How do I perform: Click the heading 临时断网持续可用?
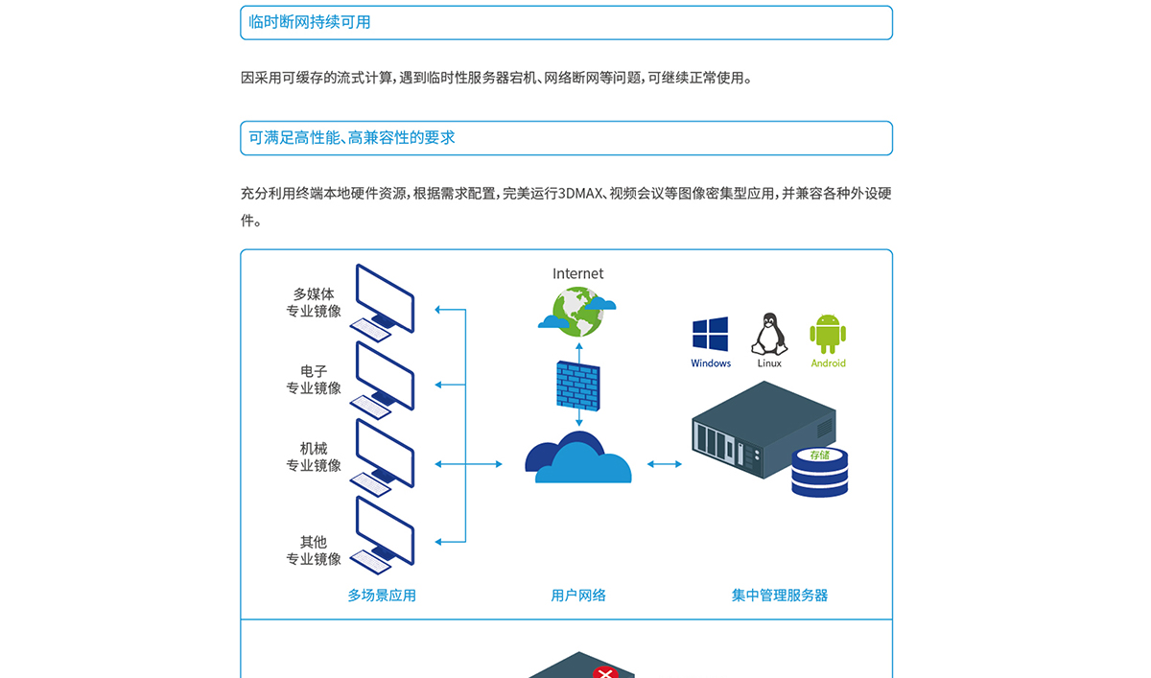click(309, 22)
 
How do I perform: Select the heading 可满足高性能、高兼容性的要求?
click(352, 138)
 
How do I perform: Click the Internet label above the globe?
click(578, 273)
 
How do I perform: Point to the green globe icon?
click(577, 312)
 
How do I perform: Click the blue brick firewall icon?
click(578, 386)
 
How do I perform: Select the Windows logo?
click(710, 334)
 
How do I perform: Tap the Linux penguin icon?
click(769, 334)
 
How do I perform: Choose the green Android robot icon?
click(828, 334)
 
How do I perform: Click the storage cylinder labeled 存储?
click(819, 473)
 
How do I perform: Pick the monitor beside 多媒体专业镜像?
click(384, 302)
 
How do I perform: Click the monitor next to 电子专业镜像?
click(384, 380)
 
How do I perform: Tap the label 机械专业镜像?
click(314, 457)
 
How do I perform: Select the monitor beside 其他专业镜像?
click(384, 535)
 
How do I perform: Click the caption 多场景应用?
click(382, 596)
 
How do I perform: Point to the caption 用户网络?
click(578, 596)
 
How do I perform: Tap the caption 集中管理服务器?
click(780, 596)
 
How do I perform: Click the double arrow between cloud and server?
click(665, 464)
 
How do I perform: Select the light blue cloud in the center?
click(584, 463)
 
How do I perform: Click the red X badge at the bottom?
click(605, 672)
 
